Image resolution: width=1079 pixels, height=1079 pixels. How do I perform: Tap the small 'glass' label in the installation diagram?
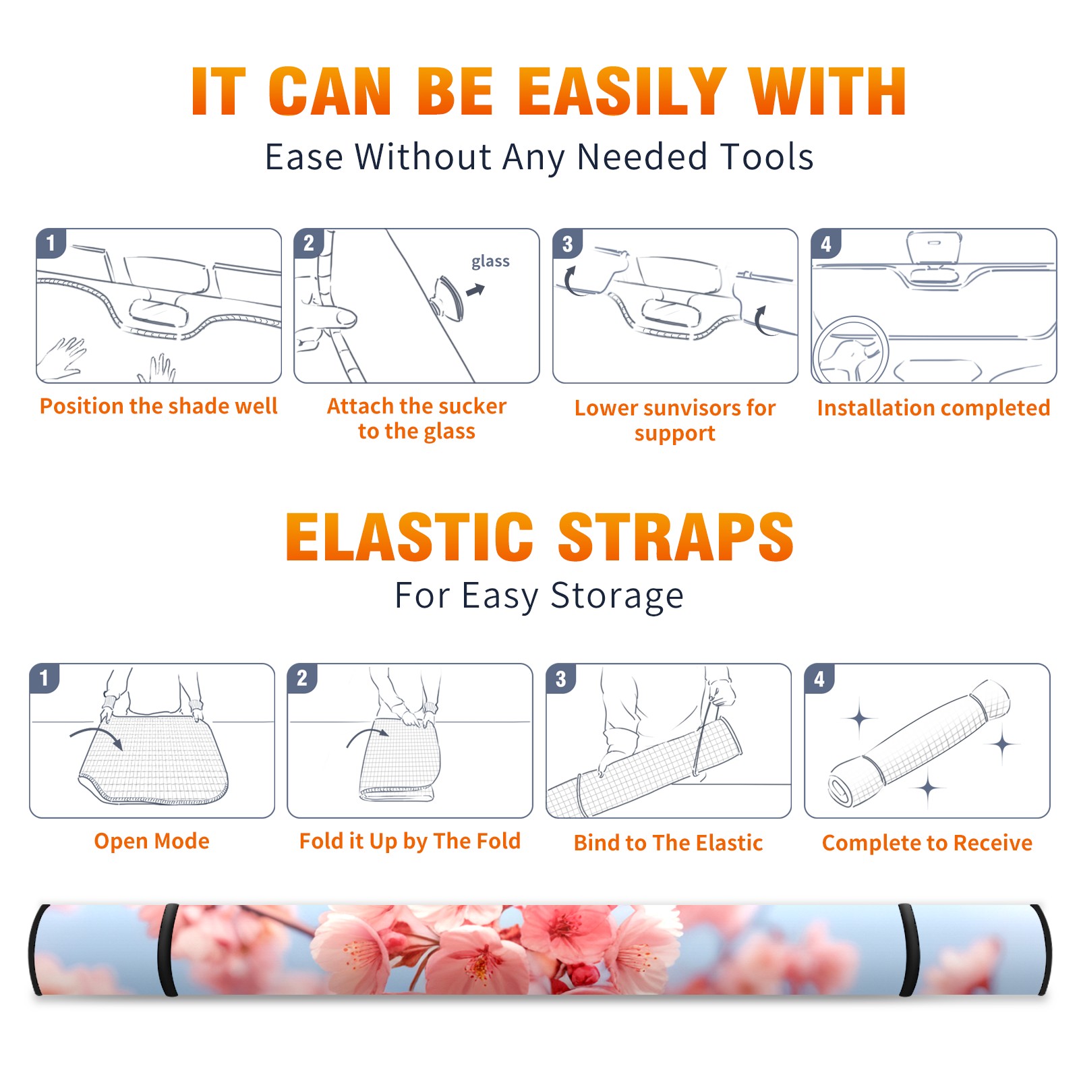click(x=490, y=262)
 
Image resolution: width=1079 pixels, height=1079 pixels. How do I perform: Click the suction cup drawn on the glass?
click(x=448, y=297)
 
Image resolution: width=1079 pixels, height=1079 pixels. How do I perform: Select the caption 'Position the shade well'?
click(x=158, y=406)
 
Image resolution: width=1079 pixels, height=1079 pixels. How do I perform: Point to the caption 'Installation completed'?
click(x=933, y=407)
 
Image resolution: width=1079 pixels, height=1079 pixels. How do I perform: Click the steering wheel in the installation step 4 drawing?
click(x=851, y=351)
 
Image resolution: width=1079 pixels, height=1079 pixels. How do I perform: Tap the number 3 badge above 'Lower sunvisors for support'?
click(x=567, y=244)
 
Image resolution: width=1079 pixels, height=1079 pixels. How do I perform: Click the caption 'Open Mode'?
click(x=152, y=841)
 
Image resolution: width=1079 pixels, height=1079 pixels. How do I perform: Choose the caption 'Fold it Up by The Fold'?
click(x=410, y=841)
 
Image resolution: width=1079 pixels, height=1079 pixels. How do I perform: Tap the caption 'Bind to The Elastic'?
click(x=668, y=842)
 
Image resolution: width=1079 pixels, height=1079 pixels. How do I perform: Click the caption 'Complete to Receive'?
click(x=927, y=842)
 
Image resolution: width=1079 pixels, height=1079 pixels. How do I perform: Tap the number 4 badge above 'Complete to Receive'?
click(x=819, y=679)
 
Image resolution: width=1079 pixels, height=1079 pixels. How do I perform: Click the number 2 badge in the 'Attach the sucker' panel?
click(x=309, y=243)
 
